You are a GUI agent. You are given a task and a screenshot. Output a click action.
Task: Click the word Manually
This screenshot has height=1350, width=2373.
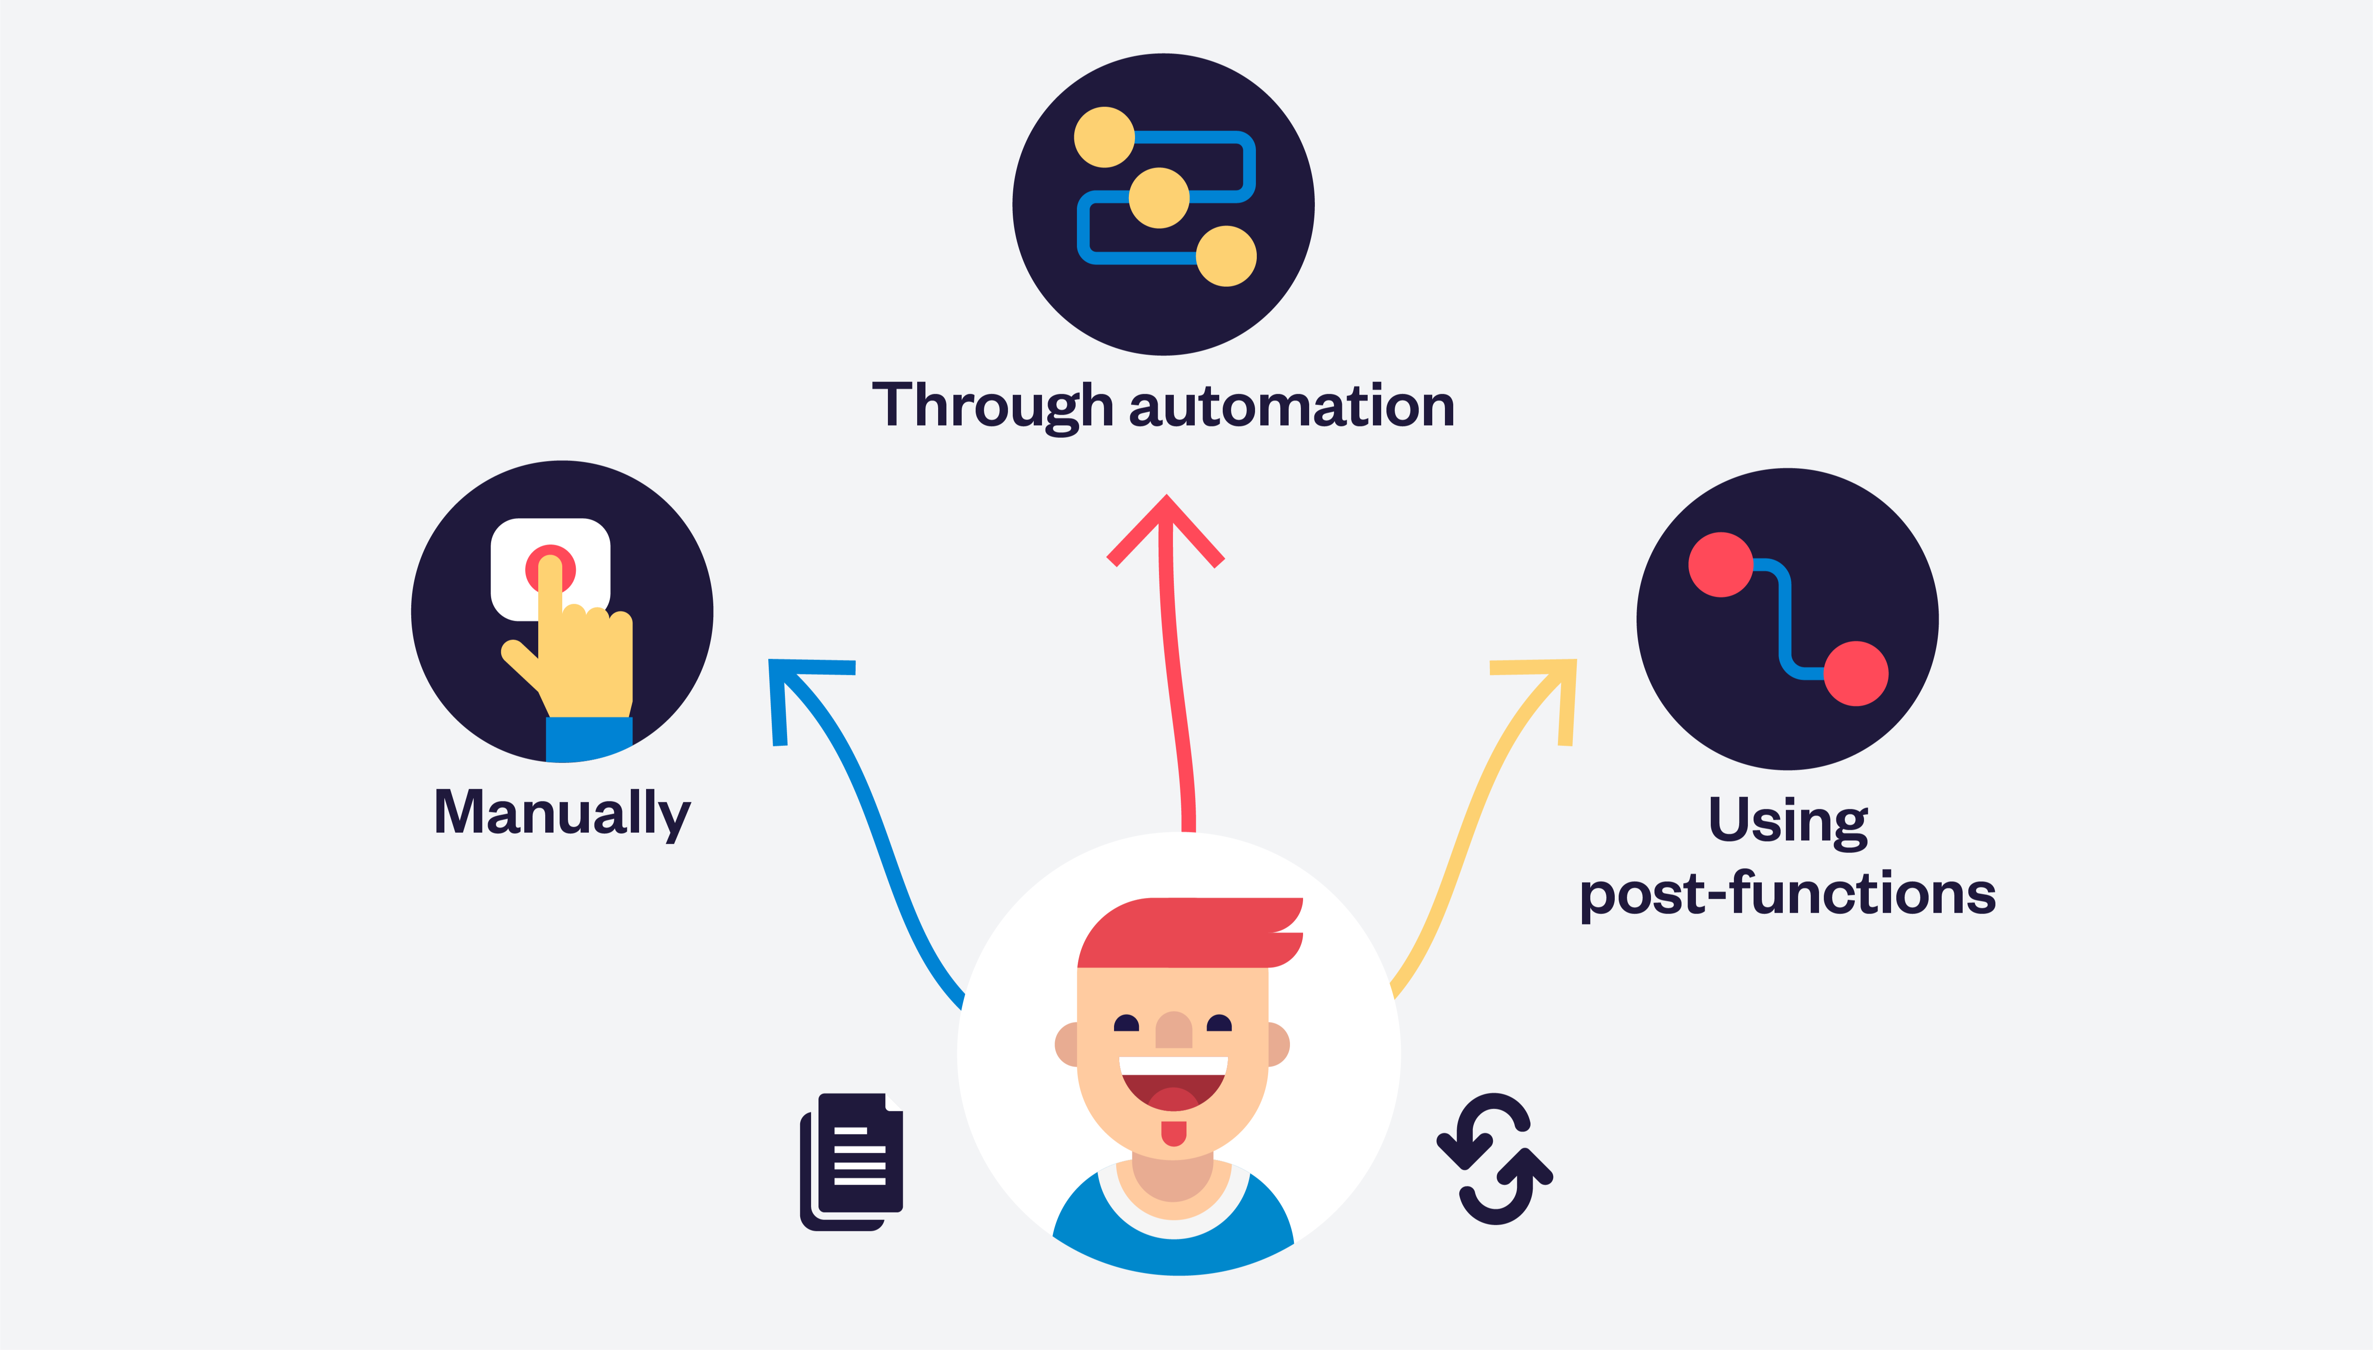click(x=562, y=813)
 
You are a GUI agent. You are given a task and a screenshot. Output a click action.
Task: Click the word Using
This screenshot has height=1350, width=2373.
click(x=1788, y=821)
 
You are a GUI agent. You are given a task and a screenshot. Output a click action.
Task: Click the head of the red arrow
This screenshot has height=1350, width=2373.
click(x=1166, y=530)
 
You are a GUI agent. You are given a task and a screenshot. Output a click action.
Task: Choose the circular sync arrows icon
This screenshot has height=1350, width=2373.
click(x=1494, y=1159)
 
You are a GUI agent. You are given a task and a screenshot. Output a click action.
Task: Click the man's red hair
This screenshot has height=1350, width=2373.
click(x=1190, y=932)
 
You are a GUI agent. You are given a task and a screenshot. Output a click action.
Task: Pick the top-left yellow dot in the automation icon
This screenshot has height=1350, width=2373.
click(x=1104, y=137)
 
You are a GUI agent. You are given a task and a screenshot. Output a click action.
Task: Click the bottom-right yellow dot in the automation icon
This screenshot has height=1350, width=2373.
click(x=1226, y=256)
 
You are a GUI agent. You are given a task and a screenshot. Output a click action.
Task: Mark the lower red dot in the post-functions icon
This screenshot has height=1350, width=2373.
click(x=1857, y=673)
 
